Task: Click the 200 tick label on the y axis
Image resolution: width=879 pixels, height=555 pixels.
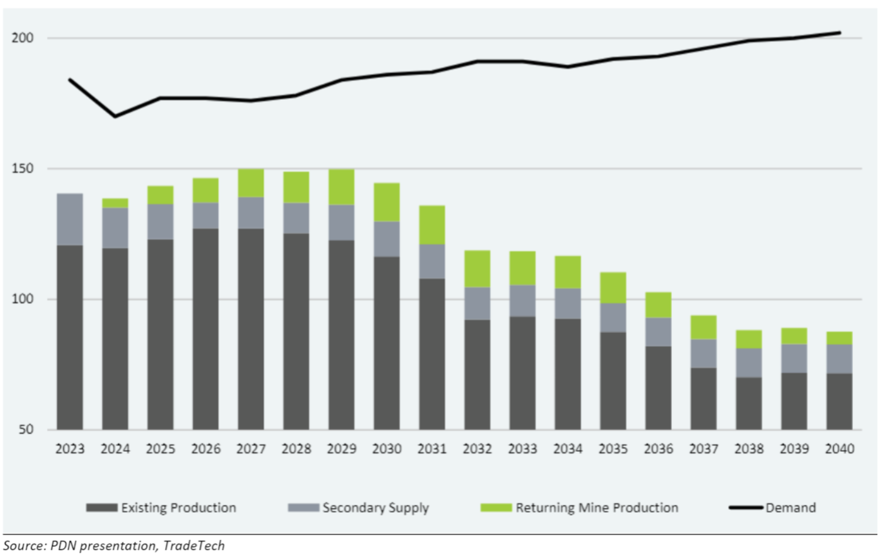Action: click(x=22, y=38)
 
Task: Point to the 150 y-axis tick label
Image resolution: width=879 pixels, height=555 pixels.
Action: click(x=22, y=168)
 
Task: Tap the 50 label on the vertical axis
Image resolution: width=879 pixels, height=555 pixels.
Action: click(x=26, y=429)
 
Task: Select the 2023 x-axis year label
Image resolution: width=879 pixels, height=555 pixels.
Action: click(x=70, y=449)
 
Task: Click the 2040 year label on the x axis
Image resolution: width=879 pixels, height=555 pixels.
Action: click(x=839, y=449)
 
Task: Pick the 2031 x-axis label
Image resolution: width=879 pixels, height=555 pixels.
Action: click(x=432, y=449)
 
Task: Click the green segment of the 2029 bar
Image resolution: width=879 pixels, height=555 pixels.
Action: click(x=341, y=187)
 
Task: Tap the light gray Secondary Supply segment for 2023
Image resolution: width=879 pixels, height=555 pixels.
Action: click(x=70, y=219)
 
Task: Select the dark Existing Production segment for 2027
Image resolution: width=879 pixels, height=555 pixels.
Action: click(x=251, y=329)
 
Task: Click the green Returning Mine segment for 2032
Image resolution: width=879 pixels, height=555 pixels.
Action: click(x=477, y=269)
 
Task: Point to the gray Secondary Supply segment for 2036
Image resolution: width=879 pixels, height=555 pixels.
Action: click(x=658, y=332)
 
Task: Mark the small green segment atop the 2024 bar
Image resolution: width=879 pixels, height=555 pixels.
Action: click(x=115, y=203)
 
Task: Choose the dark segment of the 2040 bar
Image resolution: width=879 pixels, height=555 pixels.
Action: click(x=839, y=402)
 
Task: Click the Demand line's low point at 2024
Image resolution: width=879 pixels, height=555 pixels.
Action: click(x=115, y=117)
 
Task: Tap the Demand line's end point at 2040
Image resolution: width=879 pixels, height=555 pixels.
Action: click(x=839, y=33)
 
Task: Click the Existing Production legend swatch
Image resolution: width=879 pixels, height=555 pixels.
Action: click(x=102, y=508)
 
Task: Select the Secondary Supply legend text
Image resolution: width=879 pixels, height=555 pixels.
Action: click(x=376, y=508)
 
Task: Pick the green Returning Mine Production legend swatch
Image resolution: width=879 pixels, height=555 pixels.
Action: click(x=496, y=508)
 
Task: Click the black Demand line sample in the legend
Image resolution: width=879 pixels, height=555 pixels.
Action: click(x=746, y=508)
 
